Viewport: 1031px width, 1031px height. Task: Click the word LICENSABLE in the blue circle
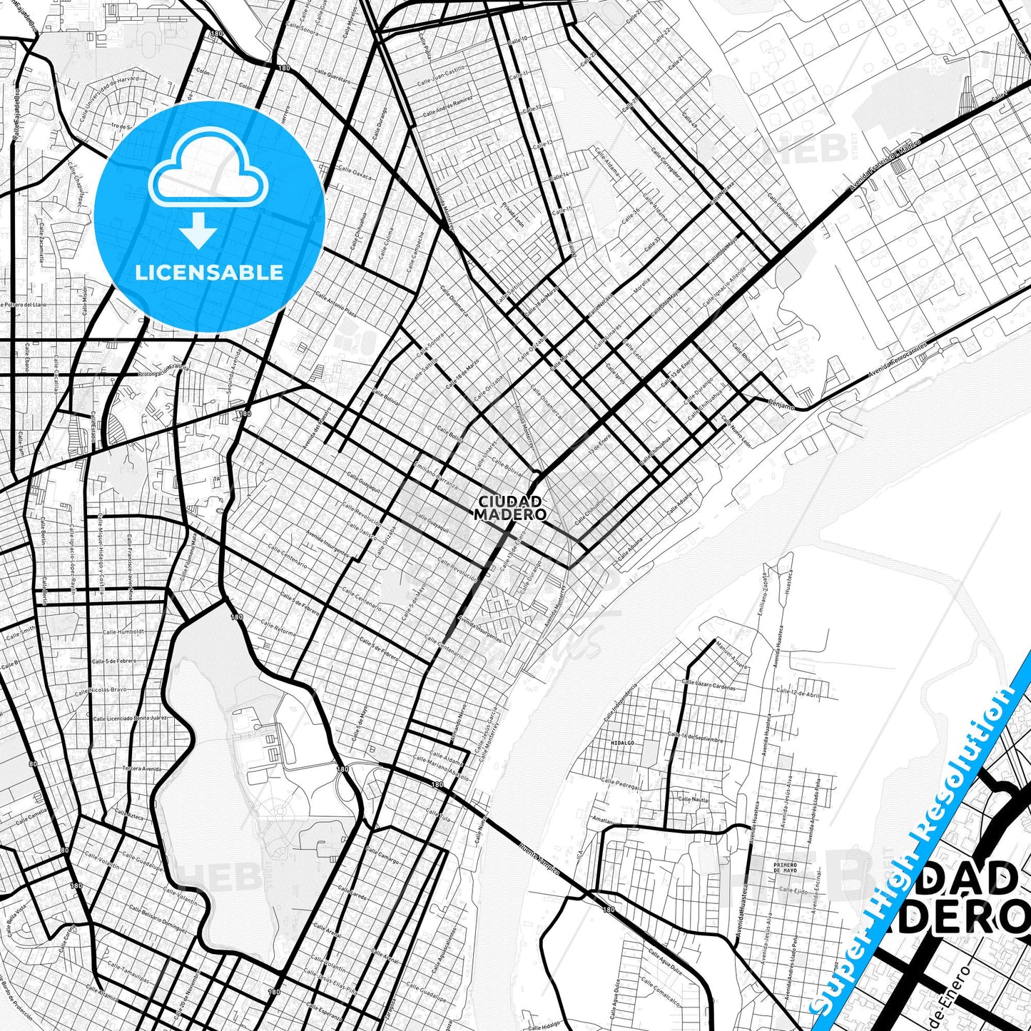tap(209, 273)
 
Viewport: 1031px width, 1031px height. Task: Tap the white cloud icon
tap(208, 171)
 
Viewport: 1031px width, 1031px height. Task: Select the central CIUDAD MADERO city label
tap(511, 508)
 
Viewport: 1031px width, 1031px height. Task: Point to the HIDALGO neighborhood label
tap(622, 743)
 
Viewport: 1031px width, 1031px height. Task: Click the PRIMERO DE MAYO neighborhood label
tap(784, 868)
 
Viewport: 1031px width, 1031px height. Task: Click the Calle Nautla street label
tap(693, 800)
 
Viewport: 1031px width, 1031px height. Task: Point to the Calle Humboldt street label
tap(123, 631)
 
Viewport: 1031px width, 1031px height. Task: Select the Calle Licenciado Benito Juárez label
tap(130, 716)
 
